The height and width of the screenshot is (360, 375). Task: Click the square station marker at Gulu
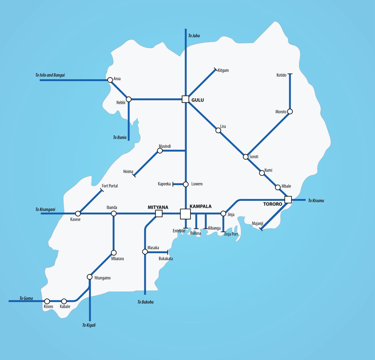185,99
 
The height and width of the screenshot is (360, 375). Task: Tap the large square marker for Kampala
185,214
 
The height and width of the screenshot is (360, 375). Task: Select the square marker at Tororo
288,200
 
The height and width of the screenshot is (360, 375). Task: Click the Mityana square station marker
159,213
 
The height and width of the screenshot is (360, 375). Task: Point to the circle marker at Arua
110,80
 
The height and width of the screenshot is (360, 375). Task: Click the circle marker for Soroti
246,157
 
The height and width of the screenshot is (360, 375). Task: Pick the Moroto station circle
290,112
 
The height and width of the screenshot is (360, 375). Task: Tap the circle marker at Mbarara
114,252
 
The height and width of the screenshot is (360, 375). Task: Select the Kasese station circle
78,214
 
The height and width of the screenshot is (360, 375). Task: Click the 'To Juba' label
194,36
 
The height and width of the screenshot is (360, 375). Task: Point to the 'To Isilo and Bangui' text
50,75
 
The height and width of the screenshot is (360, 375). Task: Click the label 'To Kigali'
89,325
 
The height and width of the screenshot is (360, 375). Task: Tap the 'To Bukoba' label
146,302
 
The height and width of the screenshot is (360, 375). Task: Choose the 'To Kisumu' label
316,201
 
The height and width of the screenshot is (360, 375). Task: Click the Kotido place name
281,75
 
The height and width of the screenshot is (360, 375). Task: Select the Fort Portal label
110,186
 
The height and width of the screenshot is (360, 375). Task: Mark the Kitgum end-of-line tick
215,69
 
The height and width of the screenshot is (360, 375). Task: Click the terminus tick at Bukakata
168,252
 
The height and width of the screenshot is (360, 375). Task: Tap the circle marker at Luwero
186,184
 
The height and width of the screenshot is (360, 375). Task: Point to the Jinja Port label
231,234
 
